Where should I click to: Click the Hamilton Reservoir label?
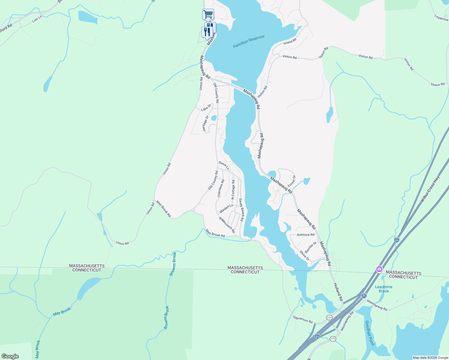point(249,41)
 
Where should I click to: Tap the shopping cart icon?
point(208,14)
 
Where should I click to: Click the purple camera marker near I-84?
point(379,269)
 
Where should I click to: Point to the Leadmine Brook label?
point(384,289)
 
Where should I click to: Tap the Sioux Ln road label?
point(224,165)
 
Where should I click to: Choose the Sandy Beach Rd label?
point(241,210)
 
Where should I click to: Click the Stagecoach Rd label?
point(227,225)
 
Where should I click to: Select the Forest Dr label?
point(292,181)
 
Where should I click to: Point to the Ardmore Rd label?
point(305,235)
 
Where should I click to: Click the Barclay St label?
point(311,247)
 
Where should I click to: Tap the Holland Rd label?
point(338,292)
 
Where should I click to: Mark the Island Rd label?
point(290,41)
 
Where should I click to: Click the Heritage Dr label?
point(205,124)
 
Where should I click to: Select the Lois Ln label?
point(37,19)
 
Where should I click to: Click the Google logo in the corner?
point(10,356)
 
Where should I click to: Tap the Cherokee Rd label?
point(221,188)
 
